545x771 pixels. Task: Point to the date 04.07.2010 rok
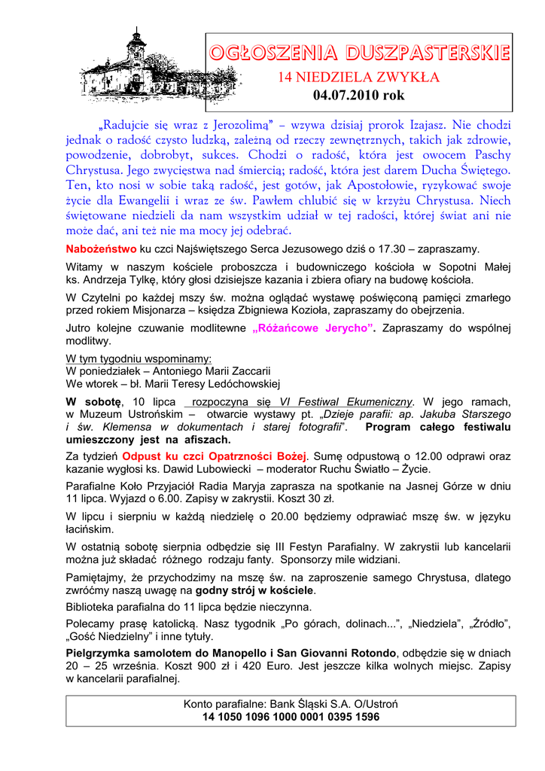tap(359, 95)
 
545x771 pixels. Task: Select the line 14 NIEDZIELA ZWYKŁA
tap(359, 78)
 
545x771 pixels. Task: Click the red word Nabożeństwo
tap(102, 248)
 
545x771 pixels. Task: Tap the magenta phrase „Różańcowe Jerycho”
tap(315, 328)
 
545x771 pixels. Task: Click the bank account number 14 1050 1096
tap(291, 717)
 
